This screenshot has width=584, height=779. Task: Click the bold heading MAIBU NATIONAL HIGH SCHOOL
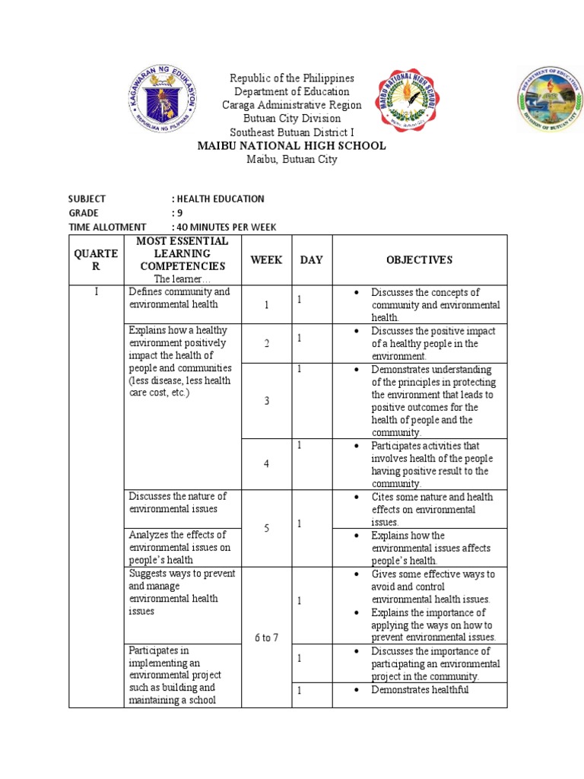(292, 145)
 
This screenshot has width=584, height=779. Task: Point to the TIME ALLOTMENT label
(107, 227)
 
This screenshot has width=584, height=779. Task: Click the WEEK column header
(267, 260)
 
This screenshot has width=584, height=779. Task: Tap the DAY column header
(311, 260)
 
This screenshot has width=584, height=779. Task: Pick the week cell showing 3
(267, 401)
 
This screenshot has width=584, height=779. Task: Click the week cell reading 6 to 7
(267, 638)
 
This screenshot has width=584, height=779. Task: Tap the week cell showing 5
(267, 528)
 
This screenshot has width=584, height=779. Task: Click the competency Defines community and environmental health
(179, 298)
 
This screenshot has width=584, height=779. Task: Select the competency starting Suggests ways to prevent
(182, 592)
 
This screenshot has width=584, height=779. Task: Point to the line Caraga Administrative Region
(292, 105)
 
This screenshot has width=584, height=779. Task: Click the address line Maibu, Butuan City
(292, 159)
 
